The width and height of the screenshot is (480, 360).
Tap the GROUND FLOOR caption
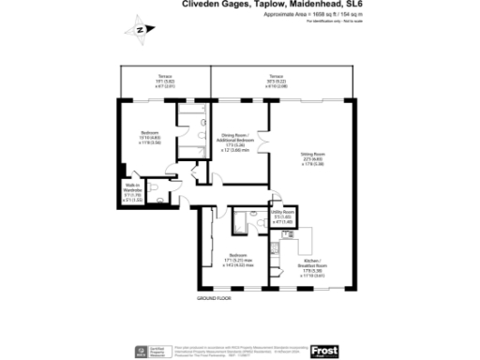(216, 298)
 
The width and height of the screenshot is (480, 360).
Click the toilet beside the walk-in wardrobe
(163, 196)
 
